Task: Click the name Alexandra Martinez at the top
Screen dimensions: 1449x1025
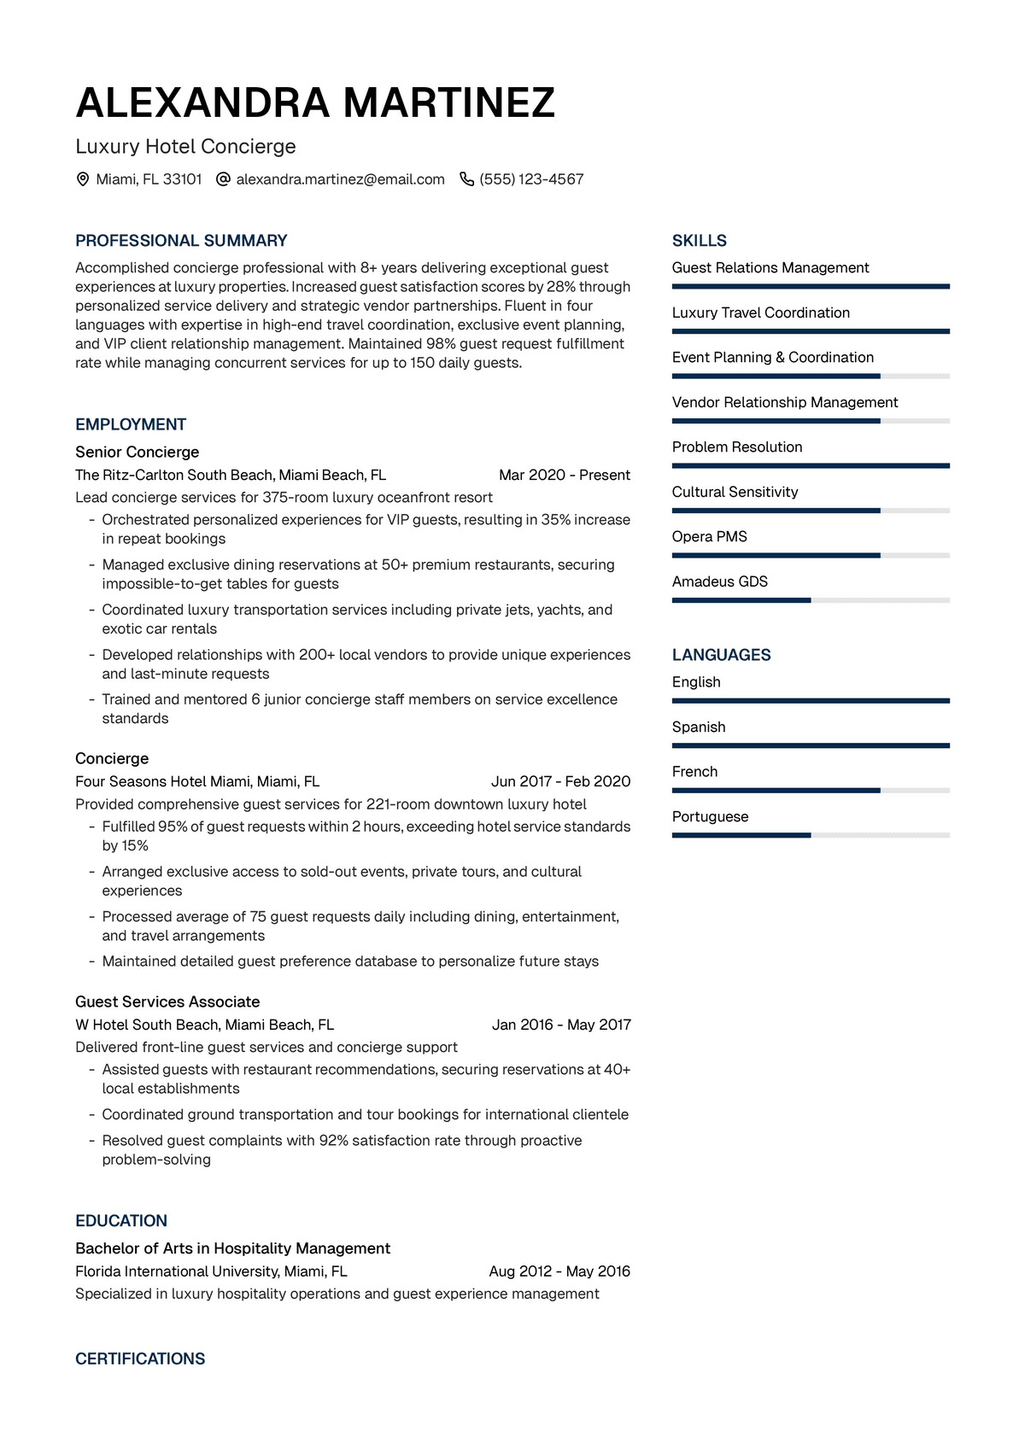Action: point(315,103)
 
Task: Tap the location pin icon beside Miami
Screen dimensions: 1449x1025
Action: point(83,179)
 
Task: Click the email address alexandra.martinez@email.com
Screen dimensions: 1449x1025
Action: point(340,179)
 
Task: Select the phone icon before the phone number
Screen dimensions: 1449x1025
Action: point(466,179)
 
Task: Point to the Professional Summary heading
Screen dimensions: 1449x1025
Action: point(181,241)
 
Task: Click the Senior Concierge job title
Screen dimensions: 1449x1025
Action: point(137,452)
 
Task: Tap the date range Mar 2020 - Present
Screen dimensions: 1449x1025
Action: point(564,475)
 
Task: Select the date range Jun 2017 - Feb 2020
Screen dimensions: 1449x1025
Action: point(560,781)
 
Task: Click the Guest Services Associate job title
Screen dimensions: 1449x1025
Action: point(167,1002)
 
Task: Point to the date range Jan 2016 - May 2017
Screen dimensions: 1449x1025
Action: point(561,1025)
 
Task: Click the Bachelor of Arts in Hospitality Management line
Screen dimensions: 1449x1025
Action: point(232,1248)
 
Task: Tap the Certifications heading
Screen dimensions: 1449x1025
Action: point(140,1358)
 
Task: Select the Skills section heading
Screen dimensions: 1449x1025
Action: point(699,241)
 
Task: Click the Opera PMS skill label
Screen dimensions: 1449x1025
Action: point(709,536)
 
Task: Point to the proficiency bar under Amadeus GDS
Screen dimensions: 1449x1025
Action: point(810,600)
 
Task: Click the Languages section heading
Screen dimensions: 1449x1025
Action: point(721,655)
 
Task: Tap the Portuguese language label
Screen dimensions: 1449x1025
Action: point(710,816)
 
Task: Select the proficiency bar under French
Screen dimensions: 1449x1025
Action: point(810,791)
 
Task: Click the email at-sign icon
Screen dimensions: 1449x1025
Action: point(223,179)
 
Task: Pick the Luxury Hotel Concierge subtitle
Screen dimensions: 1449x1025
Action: point(185,146)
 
